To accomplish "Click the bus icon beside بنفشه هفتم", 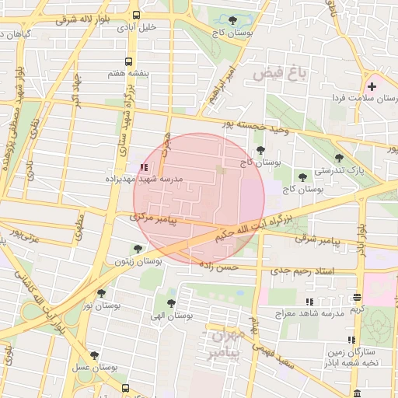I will pos(128,61).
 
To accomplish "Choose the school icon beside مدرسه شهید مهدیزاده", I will pos(143,166).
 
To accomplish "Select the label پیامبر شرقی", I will pos(317,240).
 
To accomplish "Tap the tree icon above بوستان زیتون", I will pos(138,249).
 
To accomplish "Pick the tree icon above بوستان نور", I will pos(101,293).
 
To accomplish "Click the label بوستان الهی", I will pos(170,316).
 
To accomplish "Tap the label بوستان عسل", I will pos(96,366).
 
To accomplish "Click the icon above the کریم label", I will pos(357,297).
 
